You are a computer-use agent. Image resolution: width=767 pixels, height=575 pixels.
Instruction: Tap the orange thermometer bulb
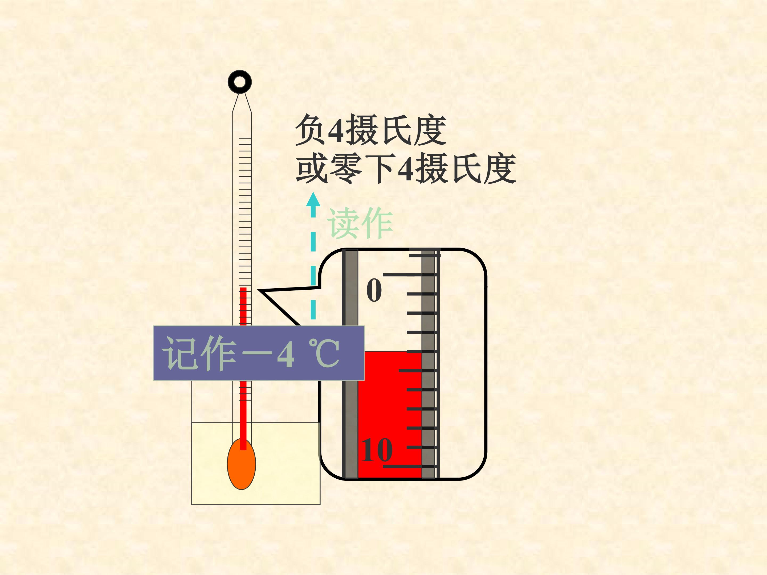[241, 464]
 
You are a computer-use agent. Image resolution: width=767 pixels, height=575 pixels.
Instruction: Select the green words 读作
[360, 223]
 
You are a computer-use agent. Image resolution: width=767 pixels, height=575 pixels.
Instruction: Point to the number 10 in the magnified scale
[377, 450]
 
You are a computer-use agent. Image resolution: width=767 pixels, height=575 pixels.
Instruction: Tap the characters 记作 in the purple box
[199, 353]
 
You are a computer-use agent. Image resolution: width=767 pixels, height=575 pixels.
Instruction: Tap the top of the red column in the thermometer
[243, 288]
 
